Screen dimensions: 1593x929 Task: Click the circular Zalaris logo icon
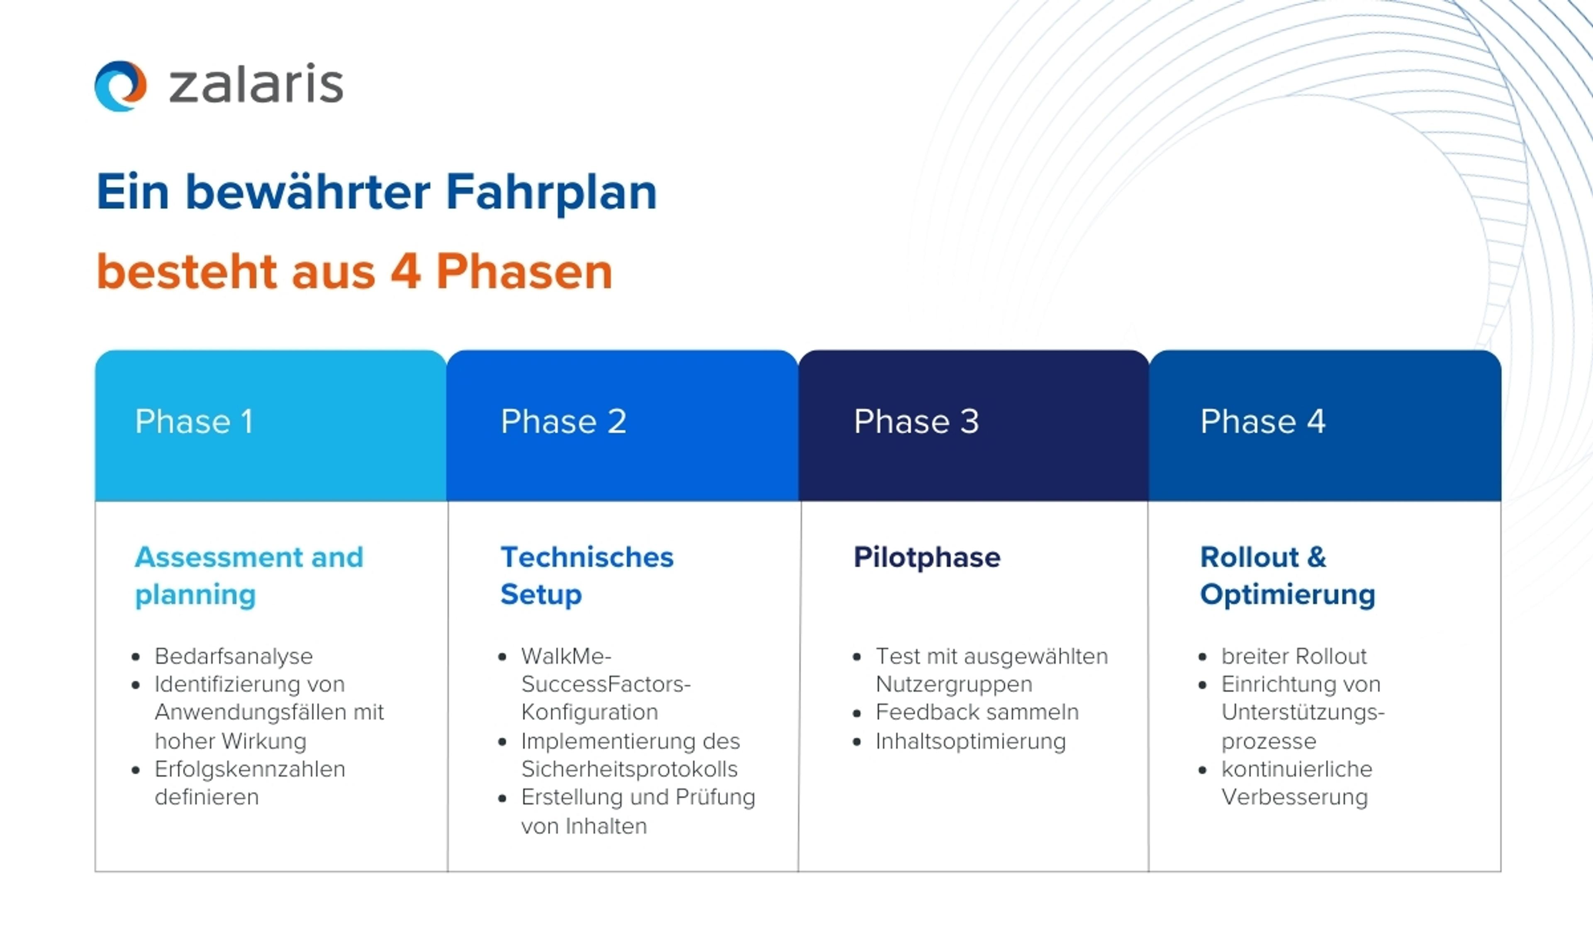[120, 86]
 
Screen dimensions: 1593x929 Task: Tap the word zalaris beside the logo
[256, 84]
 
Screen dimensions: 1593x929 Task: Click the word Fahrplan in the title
[551, 192]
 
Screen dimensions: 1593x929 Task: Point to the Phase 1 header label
[194, 421]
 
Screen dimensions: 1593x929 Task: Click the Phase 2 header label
[563, 421]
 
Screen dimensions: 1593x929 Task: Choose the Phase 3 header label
[916, 421]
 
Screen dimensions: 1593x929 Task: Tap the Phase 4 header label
[1262, 421]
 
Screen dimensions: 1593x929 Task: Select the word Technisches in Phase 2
[587, 557]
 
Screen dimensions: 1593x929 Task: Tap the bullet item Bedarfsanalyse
[233, 657]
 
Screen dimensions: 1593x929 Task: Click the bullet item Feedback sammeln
[977, 712]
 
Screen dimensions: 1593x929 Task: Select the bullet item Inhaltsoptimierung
[970, 741]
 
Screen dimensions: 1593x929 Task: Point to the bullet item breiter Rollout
[1294, 656]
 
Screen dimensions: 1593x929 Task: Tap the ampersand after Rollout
[1316, 557]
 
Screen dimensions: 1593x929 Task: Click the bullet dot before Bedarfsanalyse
[135, 657]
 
